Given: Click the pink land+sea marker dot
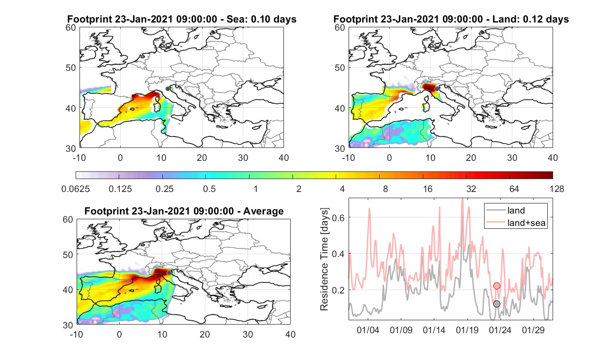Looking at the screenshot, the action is pos(497,286).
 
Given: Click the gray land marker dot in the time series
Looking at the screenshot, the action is pos(497,304).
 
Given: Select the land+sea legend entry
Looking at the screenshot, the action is pos(516,223).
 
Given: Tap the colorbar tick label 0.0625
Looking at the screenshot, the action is pos(76,189).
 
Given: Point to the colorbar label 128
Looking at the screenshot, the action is pos(557,189).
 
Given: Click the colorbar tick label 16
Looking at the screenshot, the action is pos(428,189).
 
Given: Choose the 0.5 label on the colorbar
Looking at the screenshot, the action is pos(209,189).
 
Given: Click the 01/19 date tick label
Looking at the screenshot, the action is pos(467,330).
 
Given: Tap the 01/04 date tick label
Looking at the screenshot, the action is pos(368,330).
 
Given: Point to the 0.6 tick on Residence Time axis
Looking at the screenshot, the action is pos(339,218).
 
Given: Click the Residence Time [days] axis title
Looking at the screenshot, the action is pos(324,259).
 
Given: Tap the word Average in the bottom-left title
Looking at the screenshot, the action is pos(263,212).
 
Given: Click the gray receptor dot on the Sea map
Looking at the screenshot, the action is pos(168,89).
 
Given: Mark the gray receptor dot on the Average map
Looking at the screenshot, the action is pos(169,273).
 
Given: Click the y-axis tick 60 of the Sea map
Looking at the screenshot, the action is pos(71,28).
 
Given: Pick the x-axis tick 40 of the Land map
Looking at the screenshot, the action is pos(553,158).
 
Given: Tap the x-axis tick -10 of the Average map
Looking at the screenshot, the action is pos(77,335).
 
